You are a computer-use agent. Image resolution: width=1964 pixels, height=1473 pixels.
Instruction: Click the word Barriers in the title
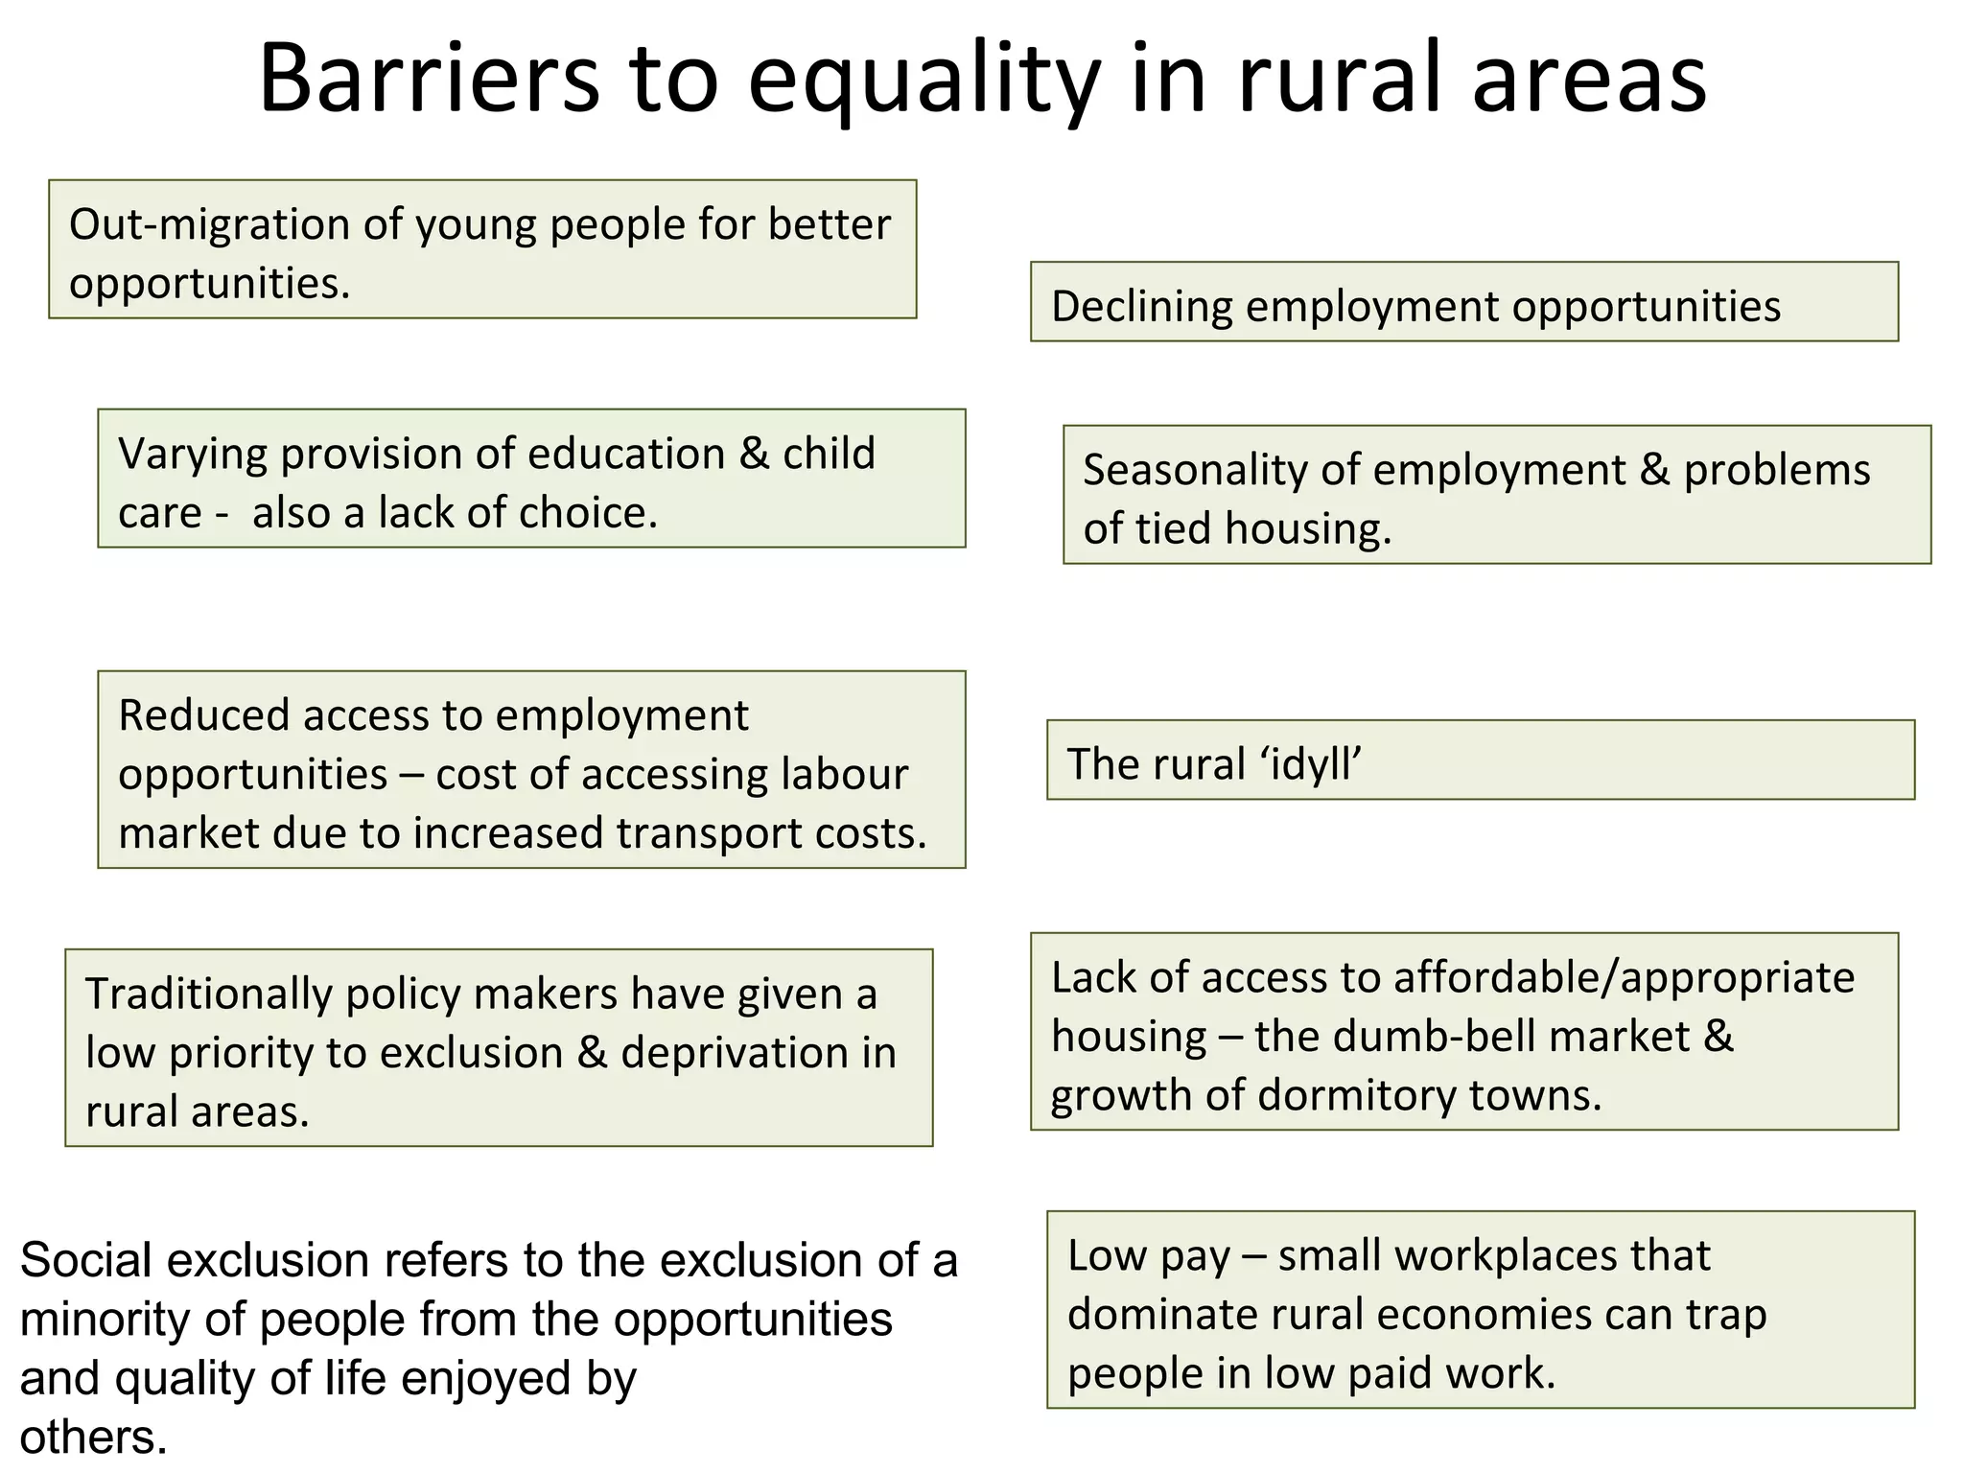pos(429,79)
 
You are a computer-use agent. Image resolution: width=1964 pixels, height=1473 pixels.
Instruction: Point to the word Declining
pos(1141,307)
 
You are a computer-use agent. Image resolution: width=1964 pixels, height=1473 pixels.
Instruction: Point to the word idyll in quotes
pos(1311,765)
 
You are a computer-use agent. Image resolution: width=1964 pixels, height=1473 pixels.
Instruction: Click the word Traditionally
pos(208,994)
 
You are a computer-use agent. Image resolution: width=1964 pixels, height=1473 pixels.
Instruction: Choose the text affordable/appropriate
pos(1624,978)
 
